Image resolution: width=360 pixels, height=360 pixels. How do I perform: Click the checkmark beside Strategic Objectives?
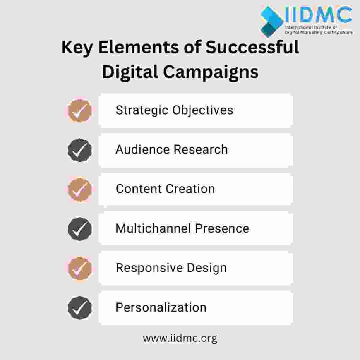(x=79, y=110)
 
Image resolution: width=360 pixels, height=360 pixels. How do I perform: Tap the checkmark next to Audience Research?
(x=79, y=150)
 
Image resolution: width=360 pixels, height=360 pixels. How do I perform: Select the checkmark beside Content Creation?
(x=79, y=189)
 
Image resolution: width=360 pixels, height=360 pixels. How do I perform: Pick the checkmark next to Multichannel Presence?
(x=79, y=228)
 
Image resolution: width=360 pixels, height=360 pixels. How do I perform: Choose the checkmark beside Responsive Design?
(x=79, y=268)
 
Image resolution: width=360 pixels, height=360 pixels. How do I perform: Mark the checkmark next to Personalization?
(x=79, y=307)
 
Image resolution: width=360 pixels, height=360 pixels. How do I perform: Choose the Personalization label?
(x=161, y=307)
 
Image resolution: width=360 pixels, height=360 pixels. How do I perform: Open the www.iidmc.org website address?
(x=180, y=338)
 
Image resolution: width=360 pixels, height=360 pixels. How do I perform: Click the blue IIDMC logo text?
(x=318, y=15)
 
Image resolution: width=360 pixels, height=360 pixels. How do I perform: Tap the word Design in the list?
(x=208, y=268)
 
